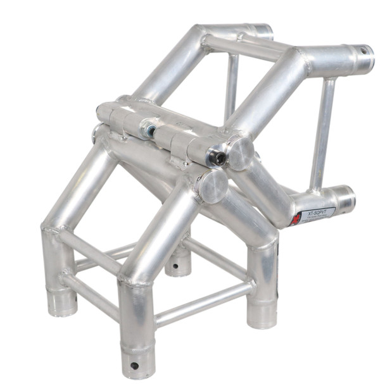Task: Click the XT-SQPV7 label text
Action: pyautogui.click(x=317, y=214)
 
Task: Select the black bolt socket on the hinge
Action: pyautogui.click(x=218, y=158)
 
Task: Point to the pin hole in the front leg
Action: pyautogui.click(x=134, y=366)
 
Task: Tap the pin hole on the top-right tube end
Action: pyautogui.click(x=363, y=51)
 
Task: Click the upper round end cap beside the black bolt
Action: pyautogui.click(x=241, y=152)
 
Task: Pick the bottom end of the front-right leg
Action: pyautogui.click(x=262, y=316)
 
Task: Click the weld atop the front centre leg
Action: pyautogui.click(x=136, y=278)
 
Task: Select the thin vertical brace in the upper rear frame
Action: pyautogui.click(x=232, y=85)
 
